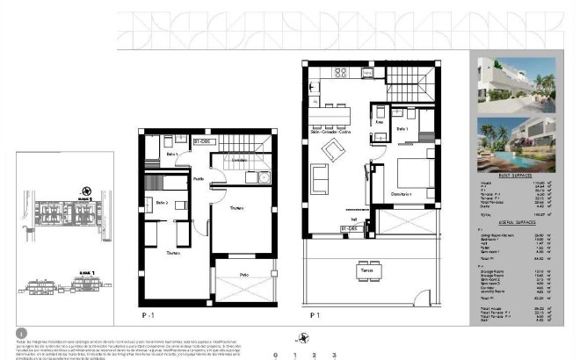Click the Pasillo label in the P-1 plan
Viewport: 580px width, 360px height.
(199, 179)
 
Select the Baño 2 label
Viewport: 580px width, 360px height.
(162, 203)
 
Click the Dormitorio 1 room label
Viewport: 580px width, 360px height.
(402, 193)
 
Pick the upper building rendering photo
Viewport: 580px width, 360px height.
(516, 83)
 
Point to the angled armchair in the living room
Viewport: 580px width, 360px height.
(335, 148)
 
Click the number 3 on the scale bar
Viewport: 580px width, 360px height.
(334, 355)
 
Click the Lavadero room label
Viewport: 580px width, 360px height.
(239, 162)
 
